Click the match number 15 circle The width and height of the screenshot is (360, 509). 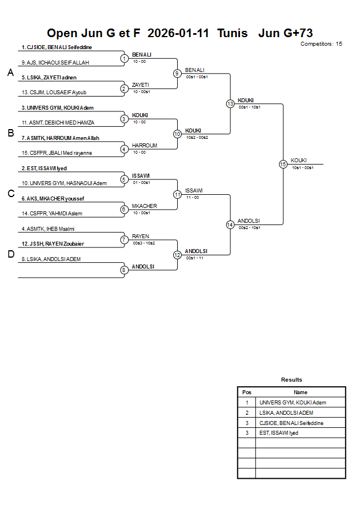point(283,164)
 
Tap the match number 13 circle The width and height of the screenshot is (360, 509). point(230,104)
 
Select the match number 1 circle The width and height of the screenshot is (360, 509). point(124,58)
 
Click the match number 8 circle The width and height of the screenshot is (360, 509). point(124,270)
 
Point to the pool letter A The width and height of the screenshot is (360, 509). point(10,73)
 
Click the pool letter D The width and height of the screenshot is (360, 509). point(10,255)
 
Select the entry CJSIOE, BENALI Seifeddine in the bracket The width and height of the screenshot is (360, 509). point(57,47)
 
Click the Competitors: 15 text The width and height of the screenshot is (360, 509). point(321,44)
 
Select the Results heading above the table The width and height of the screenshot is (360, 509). point(291,380)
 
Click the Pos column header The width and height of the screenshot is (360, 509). point(247,392)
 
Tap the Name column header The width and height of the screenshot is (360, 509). point(300,392)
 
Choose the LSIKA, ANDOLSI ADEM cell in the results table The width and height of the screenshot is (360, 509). point(286,412)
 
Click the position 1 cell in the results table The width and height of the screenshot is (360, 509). point(247,403)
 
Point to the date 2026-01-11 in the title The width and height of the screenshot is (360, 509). point(178,33)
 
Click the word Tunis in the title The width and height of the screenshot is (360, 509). point(233,33)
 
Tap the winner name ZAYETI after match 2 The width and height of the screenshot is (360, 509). point(140,85)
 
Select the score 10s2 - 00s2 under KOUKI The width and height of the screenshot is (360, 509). point(197,137)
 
